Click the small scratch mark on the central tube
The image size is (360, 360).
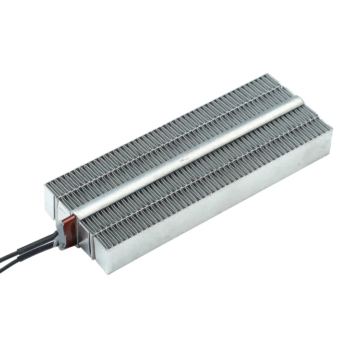184,157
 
